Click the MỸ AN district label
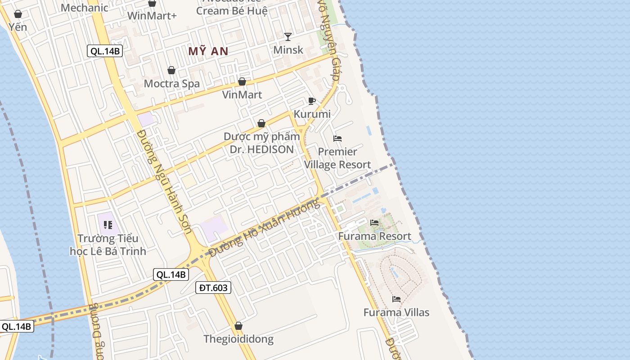click(x=208, y=51)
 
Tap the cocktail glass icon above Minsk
click(x=288, y=36)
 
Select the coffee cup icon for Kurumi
click(x=312, y=101)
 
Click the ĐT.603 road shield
click(x=213, y=288)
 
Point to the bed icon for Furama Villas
click(x=396, y=299)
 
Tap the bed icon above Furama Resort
click(x=374, y=223)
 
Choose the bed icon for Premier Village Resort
click(x=337, y=139)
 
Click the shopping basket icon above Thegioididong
click(x=238, y=326)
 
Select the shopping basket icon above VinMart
click(x=242, y=81)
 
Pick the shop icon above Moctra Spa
click(x=171, y=70)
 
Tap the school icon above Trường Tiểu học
click(x=108, y=225)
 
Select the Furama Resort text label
click(x=374, y=236)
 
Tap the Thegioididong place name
click(x=238, y=339)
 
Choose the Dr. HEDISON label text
click(x=261, y=149)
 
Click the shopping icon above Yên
click(x=18, y=14)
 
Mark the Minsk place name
click(x=288, y=50)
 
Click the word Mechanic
click(x=85, y=8)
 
